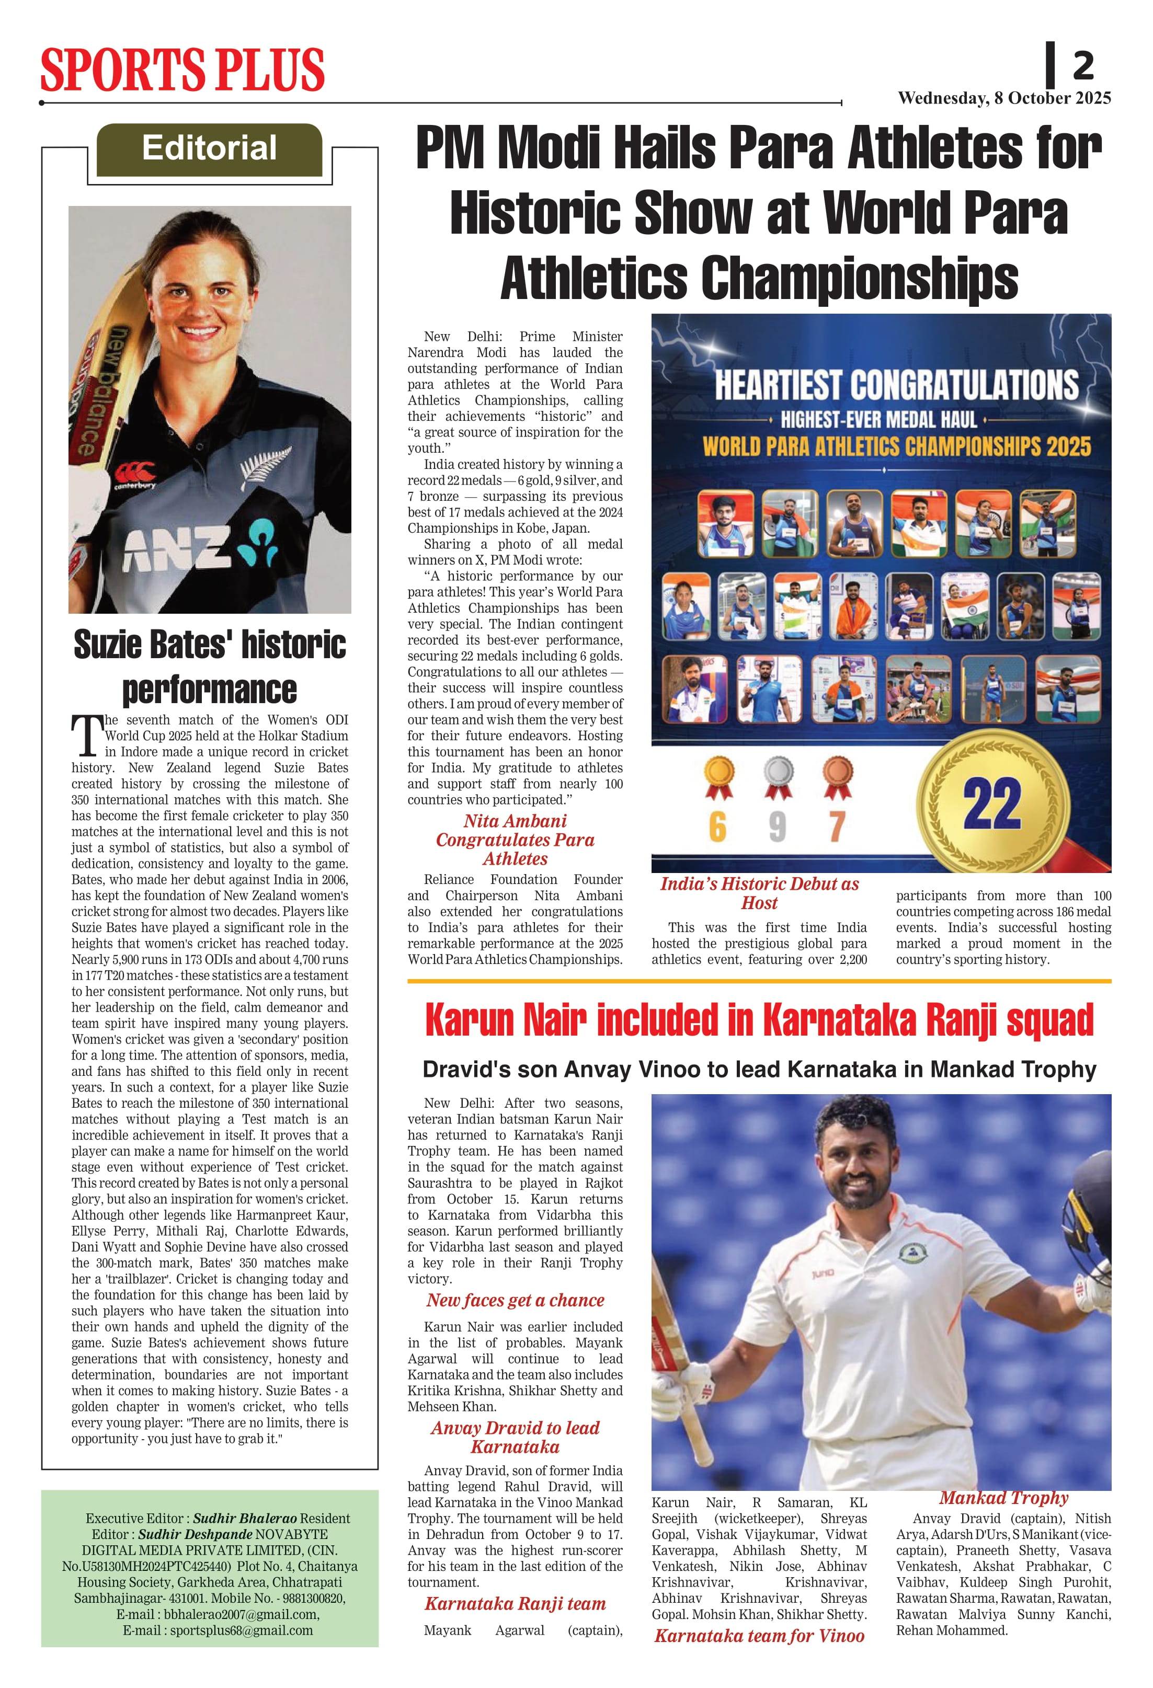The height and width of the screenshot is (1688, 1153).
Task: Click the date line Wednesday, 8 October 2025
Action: pyautogui.click(x=1004, y=98)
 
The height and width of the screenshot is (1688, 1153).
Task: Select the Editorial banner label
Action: pyautogui.click(x=209, y=148)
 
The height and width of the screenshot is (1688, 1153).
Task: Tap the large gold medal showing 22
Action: pyautogui.click(x=992, y=804)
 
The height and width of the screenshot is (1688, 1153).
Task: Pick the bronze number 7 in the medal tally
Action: pyautogui.click(x=837, y=826)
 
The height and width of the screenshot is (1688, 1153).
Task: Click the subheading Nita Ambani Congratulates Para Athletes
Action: pyautogui.click(x=515, y=840)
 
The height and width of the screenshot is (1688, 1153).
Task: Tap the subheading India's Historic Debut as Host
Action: pyautogui.click(x=759, y=893)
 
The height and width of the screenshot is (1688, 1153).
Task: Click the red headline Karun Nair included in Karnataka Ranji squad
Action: pyautogui.click(x=759, y=1020)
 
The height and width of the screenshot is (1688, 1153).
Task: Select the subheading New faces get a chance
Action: pyautogui.click(x=515, y=1300)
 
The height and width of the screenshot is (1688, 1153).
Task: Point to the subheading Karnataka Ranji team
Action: pyautogui.click(x=515, y=1604)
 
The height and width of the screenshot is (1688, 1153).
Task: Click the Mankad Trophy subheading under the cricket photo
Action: pyautogui.click(x=1003, y=1498)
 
